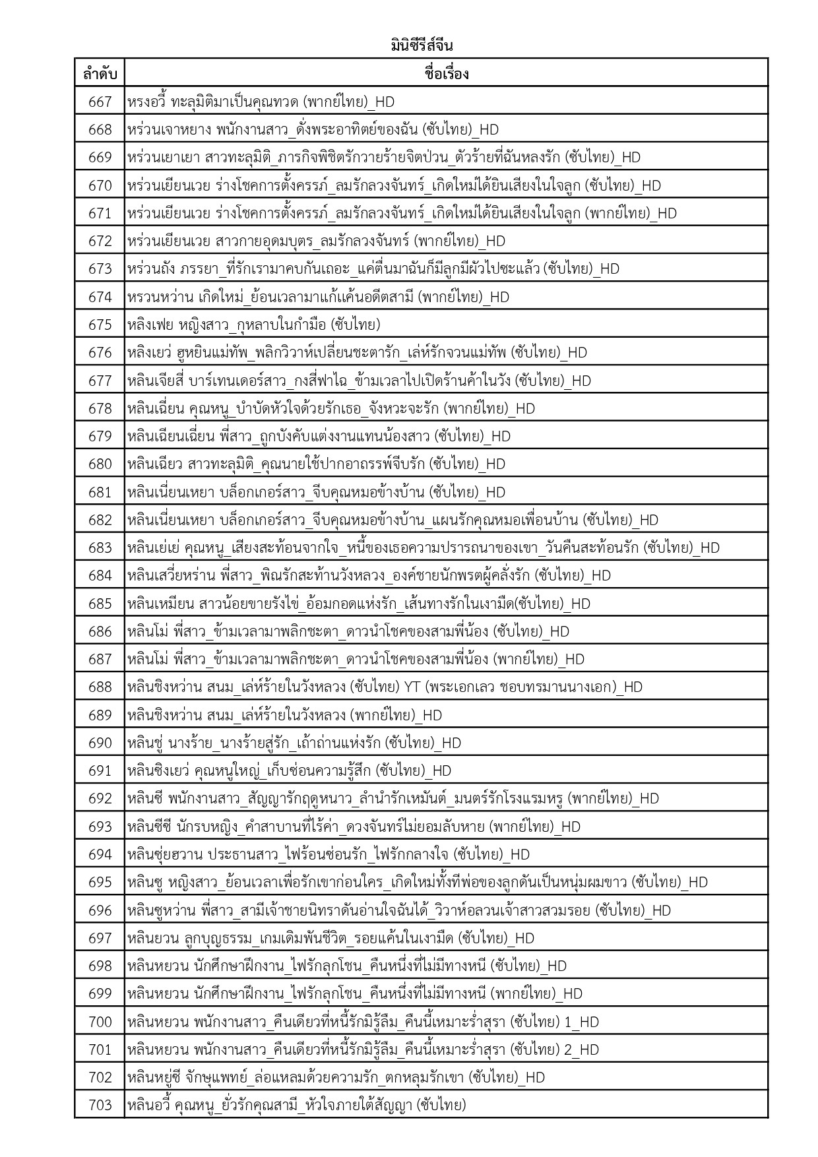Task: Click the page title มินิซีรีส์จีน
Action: [x=421, y=46]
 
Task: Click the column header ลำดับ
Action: [x=100, y=74]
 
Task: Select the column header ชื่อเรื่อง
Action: [x=447, y=73]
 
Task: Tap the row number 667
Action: [x=100, y=102]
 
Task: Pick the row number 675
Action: [x=100, y=325]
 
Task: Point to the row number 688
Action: [x=100, y=687]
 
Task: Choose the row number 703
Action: [x=100, y=1105]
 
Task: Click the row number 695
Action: [x=100, y=882]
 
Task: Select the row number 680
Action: [x=100, y=464]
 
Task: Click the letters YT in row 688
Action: [x=412, y=687]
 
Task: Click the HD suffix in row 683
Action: [x=710, y=547]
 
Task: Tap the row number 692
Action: [x=100, y=799]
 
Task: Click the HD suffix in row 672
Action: [x=495, y=241]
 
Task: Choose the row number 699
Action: [x=100, y=993]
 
